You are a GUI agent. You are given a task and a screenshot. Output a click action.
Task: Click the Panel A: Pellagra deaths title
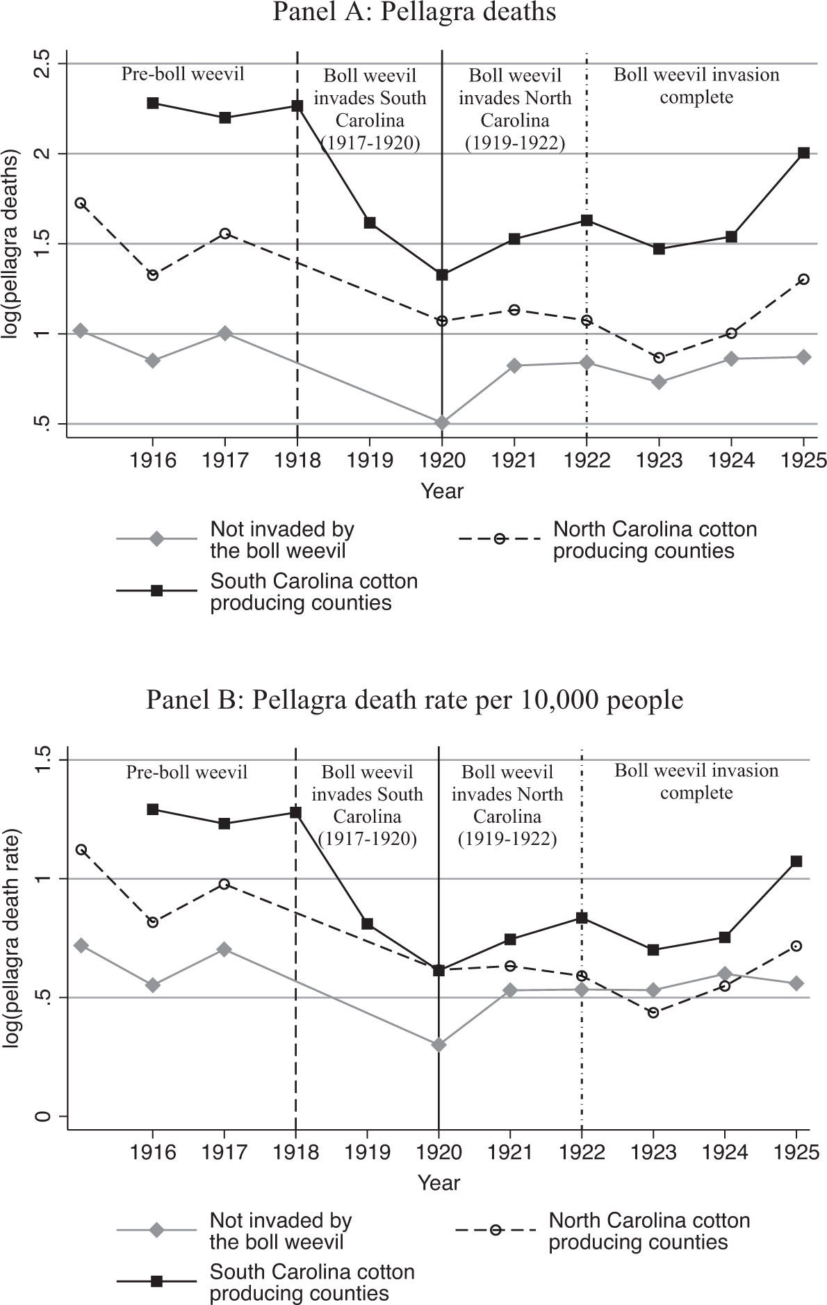[414, 13]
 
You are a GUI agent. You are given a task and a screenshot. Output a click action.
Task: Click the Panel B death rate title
[414, 700]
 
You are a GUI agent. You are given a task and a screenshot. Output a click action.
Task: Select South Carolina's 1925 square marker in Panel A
[803, 153]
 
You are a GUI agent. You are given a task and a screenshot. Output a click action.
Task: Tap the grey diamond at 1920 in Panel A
[442, 422]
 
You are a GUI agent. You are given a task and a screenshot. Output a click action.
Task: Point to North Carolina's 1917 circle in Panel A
[224, 233]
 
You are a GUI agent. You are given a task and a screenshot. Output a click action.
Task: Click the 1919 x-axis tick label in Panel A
[370, 460]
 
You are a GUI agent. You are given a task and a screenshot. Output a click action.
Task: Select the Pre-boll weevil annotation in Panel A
[183, 74]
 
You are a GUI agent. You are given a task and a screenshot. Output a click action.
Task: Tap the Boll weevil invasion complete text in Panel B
[696, 781]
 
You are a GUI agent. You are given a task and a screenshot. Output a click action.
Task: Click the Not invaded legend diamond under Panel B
[157, 1230]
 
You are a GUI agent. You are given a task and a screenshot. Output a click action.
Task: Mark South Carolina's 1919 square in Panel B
[368, 924]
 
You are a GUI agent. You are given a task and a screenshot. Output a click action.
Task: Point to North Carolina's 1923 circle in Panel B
[653, 1012]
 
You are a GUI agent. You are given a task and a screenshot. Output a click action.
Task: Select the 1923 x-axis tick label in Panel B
[653, 1152]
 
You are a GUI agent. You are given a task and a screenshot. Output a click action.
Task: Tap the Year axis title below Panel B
[439, 1182]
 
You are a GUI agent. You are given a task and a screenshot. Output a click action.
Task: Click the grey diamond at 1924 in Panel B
[725, 974]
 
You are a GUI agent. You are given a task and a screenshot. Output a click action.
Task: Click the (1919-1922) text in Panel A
[514, 143]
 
